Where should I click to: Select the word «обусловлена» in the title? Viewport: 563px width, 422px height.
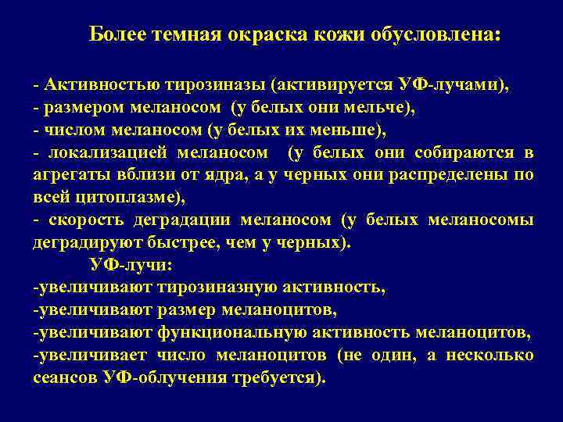[443, 35]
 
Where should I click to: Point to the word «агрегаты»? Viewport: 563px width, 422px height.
[66, 174]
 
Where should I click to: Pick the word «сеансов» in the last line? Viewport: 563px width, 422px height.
[63, 378]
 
